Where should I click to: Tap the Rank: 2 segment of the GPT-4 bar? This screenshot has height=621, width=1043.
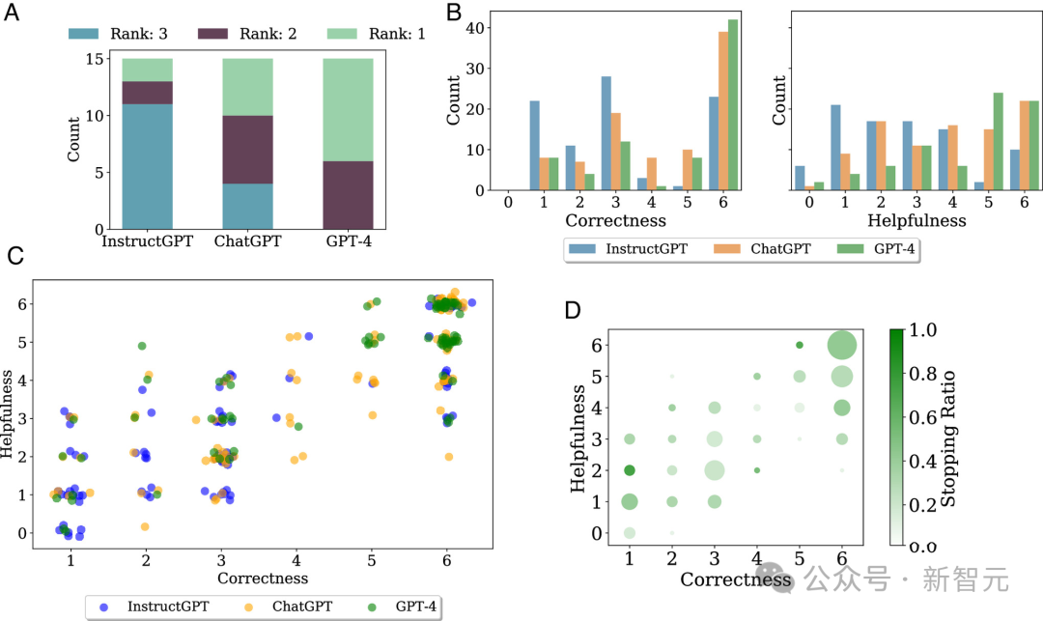coord(348,194)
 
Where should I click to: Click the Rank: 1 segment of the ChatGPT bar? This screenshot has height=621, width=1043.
coord(247,87)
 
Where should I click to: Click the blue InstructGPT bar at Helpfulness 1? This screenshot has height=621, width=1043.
coord(836,147)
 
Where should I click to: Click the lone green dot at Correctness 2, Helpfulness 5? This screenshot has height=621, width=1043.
coord(142,346)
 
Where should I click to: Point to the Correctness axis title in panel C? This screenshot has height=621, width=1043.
coord(263,578)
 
